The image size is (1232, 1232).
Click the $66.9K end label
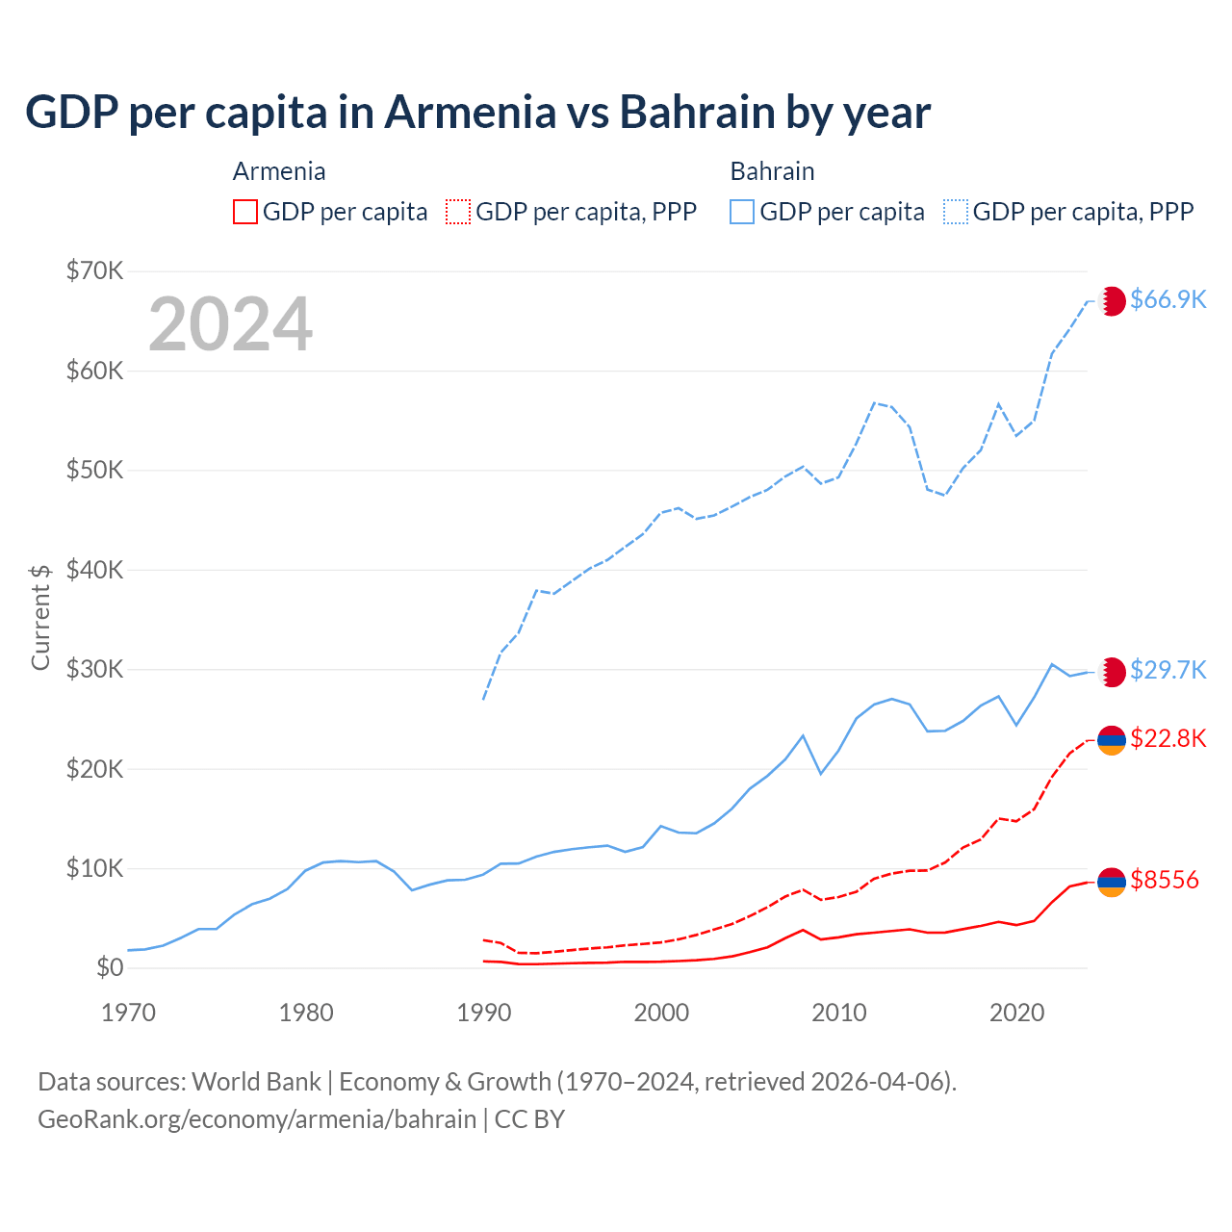(1168, 299)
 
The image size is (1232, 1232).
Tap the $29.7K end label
(1168, 670)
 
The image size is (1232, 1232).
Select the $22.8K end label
(1168, 738)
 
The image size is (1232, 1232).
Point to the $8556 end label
(1165, 880)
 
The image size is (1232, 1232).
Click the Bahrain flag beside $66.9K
(1112, 300)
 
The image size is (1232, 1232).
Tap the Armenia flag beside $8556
(1112, 881)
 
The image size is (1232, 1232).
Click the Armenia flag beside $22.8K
(1112, 740)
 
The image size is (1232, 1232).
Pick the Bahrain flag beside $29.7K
(1112, 672)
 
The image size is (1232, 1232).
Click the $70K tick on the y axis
(95, 270)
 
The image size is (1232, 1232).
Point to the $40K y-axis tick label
(95, 570)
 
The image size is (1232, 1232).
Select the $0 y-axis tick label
(110, 967)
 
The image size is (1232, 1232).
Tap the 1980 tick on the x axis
(306, 1013)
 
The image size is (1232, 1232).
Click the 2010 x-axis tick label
(839, 1013)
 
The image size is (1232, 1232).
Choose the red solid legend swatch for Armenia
(245, 212)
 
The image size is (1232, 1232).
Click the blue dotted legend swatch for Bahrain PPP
(956, 212)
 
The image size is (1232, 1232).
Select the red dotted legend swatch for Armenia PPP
(459, 212)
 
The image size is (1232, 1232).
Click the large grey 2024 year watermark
(231, 324)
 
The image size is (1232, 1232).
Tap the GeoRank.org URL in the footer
(257, 1119)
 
